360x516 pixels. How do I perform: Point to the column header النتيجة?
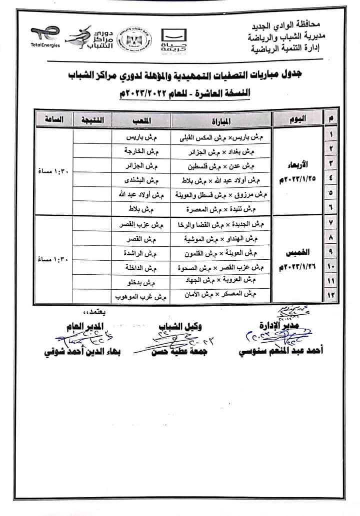coord(92,120)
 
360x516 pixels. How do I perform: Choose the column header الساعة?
coord(53,120)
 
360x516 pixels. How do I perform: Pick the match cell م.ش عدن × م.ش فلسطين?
coord(221,165)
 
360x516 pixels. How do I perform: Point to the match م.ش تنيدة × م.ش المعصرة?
coord(221,209)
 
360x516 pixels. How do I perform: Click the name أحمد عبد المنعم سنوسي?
coord(285,351)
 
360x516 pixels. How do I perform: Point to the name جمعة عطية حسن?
coord(178,351)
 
